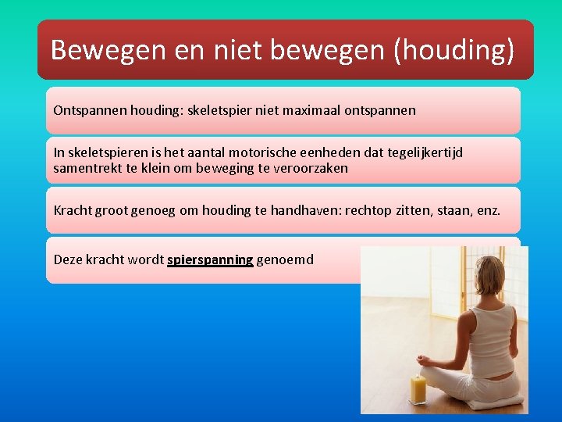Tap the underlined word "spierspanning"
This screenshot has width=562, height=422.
click(210, 259)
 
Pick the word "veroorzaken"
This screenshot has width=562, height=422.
click(309, 168)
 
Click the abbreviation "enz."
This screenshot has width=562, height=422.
click(486, 210)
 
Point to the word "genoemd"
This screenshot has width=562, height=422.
click(285, 259)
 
